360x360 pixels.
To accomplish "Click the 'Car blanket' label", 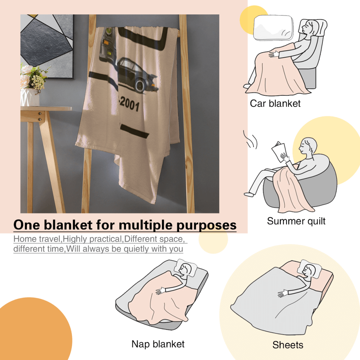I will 275,104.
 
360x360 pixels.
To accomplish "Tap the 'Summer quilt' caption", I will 296,221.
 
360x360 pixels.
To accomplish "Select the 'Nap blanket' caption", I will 158,344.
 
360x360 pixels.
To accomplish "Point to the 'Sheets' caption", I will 288,345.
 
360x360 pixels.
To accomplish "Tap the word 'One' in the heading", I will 27,225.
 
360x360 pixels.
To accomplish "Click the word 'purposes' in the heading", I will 206,225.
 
